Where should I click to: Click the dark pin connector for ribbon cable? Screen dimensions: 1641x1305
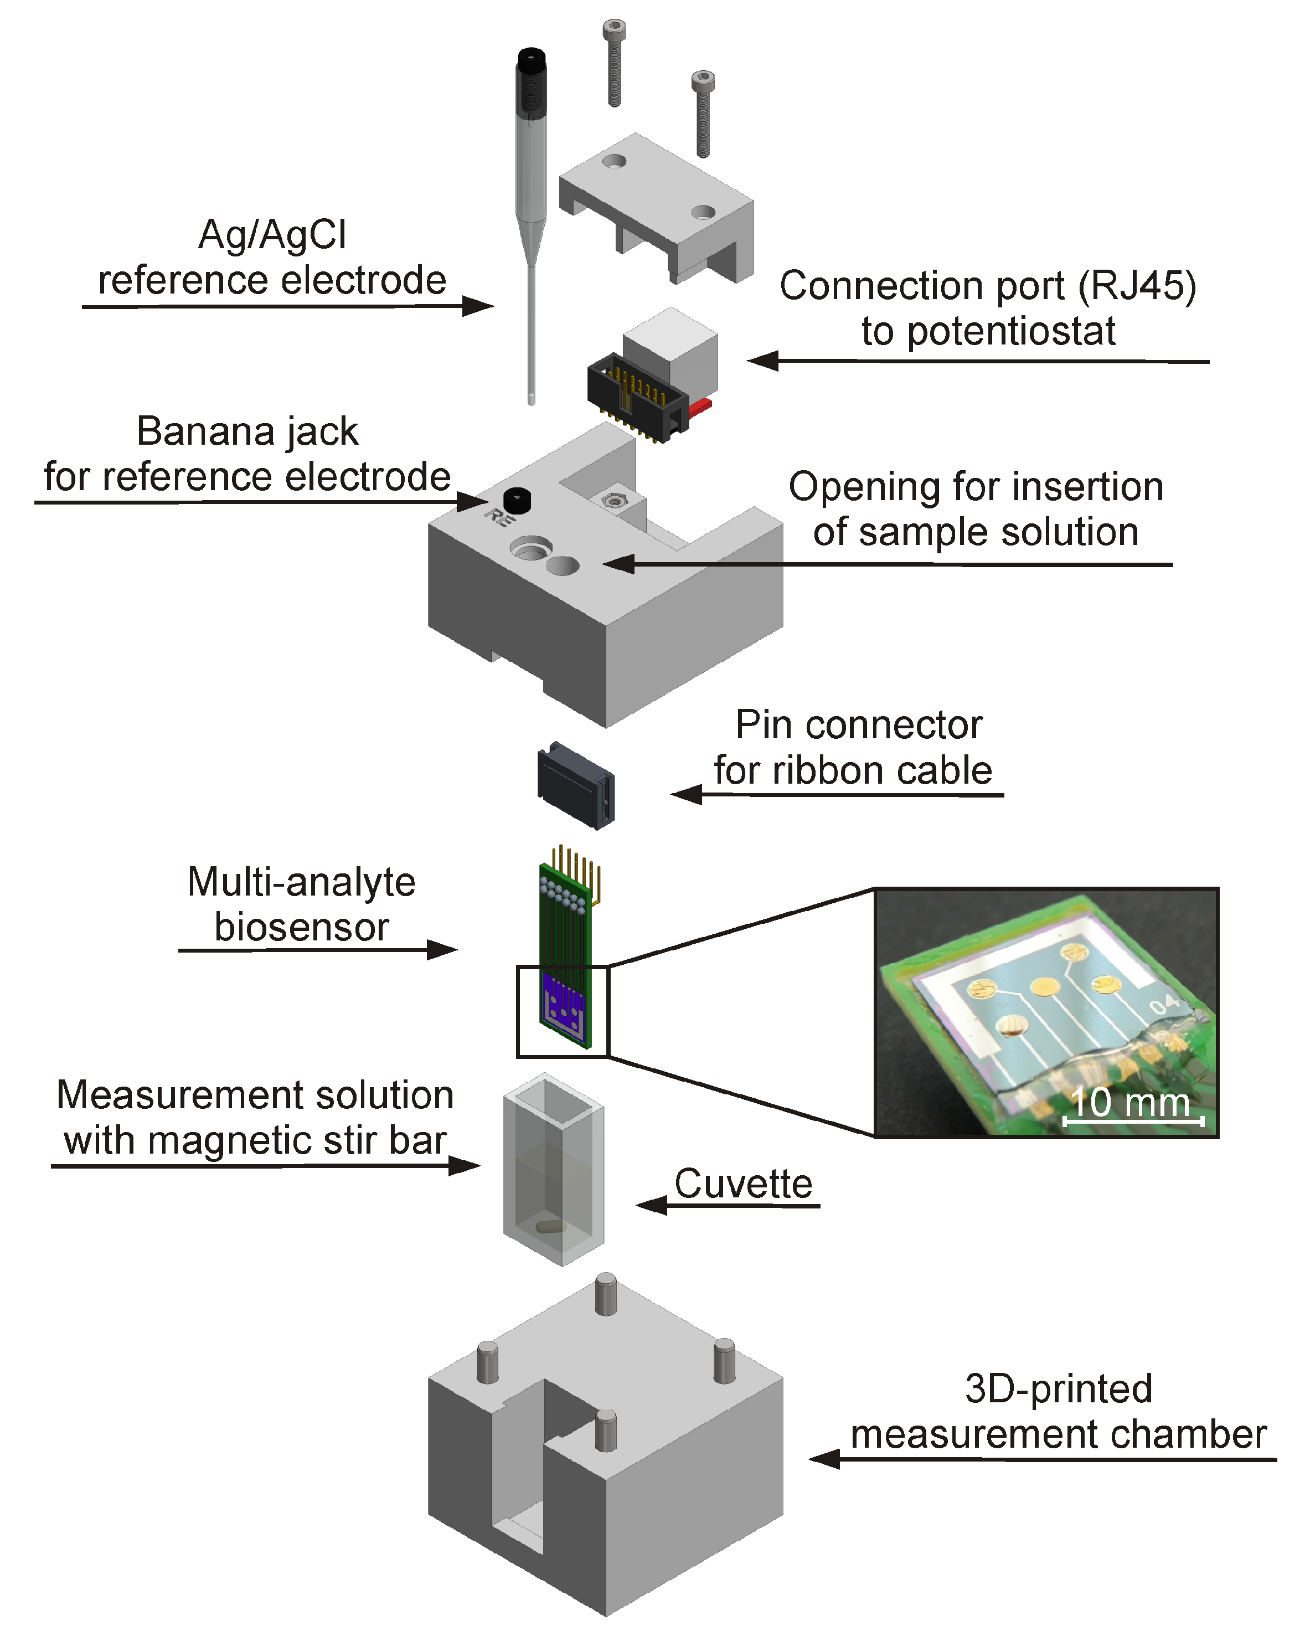pos(576,785)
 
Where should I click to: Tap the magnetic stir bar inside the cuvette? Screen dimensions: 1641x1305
pos(550,1226)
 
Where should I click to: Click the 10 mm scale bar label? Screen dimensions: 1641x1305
pos(1129,1102)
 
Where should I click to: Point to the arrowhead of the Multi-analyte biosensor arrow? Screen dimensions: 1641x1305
pos(443,949)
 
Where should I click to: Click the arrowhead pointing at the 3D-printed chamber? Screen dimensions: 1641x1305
pos(823,1458)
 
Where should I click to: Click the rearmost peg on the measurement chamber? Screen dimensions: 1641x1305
pos(606,1293)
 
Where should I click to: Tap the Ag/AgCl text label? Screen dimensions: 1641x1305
pos(272,234)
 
